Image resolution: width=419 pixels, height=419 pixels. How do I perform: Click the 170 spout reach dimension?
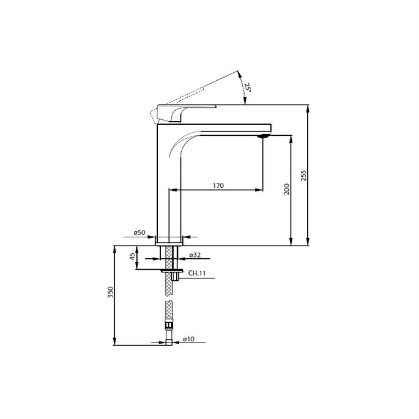tap(218, 185)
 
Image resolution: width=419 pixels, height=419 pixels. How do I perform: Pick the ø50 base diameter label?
tap(139, 233)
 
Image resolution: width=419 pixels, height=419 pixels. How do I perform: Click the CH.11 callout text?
tap(196, 273)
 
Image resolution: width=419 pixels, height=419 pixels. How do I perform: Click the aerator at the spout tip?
tap(264, 136)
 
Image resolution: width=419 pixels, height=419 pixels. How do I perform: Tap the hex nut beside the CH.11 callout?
tap(176, 276)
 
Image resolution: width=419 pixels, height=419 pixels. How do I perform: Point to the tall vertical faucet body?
tap(163, 184)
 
